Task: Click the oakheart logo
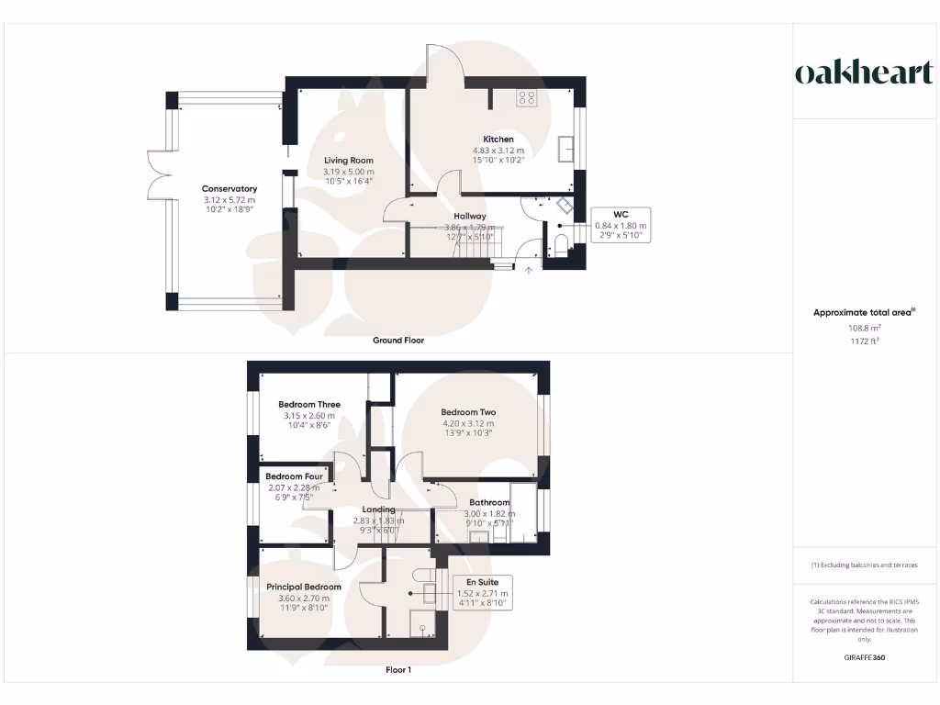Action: pos(863,73)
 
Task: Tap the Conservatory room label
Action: pos(229,189)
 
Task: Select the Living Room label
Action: pos(349,160)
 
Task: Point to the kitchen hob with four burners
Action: pos(527,96)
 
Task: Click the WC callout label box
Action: pos(621,224)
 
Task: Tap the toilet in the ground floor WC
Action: pos(563,242)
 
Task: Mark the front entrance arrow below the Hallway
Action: pos(528,270)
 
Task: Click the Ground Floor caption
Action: pos(398,340)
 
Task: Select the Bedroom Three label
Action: pos(309,404)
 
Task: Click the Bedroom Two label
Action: pos(467,412)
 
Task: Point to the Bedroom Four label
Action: pos(295,476)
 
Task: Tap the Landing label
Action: pos(378,509)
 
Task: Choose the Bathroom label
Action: pos(489,502)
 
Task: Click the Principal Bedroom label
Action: pos(304,587)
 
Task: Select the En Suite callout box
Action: pos(482,594)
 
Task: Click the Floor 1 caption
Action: pos(398,670)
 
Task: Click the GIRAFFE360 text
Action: pos(863,657)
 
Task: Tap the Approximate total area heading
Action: pos(863,312)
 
